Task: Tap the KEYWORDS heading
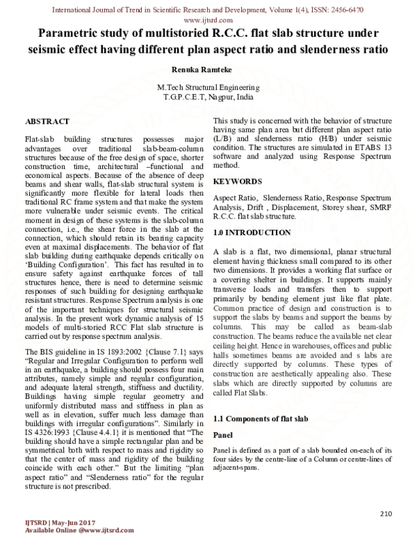pos(238,181)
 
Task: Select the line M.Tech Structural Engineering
pos(208,88)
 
